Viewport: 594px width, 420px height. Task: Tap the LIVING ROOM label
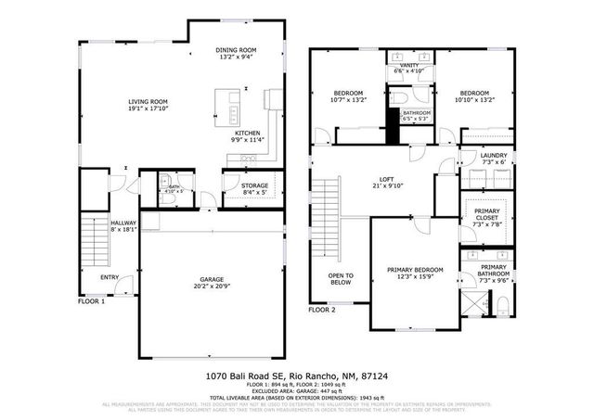pyautogui.click(x=148, y=102)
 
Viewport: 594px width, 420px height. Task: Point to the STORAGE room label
pyautogui.click(x=254, y=186)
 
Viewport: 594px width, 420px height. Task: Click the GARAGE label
pyautogui.click(x=213, y=279)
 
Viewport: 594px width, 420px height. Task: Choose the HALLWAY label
pyautogui.click(x=123, y=223)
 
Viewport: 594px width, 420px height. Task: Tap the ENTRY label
pyautogui.click(x=110, y=277)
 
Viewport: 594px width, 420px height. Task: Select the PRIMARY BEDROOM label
pyautogui.click(x=415, y=270)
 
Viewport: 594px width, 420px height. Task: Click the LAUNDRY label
pyautogui.click(x=493, y=157)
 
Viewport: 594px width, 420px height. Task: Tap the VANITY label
pyautogui.click(x=409, y=65)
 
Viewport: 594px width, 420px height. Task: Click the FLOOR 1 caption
pyautogui.click(x=91, y=301)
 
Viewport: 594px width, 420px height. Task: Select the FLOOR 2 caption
pyautogui.click(x=322, y=310)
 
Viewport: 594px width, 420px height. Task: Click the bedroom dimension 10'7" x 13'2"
pyautogui.click(x=348, y=99)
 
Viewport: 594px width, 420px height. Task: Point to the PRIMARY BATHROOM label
pyautogui.click(x=494, y=271)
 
